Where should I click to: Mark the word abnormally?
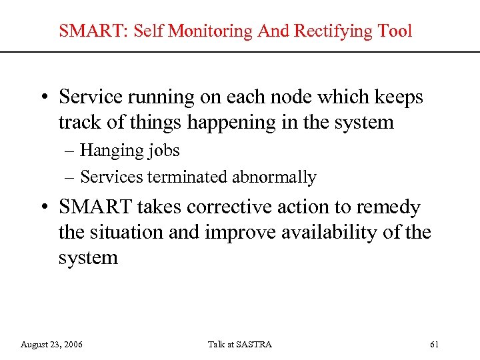click(x=274, y=177)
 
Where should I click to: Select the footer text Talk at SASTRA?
click(x=239, y=345)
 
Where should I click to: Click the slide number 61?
click(x=435, y=345)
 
